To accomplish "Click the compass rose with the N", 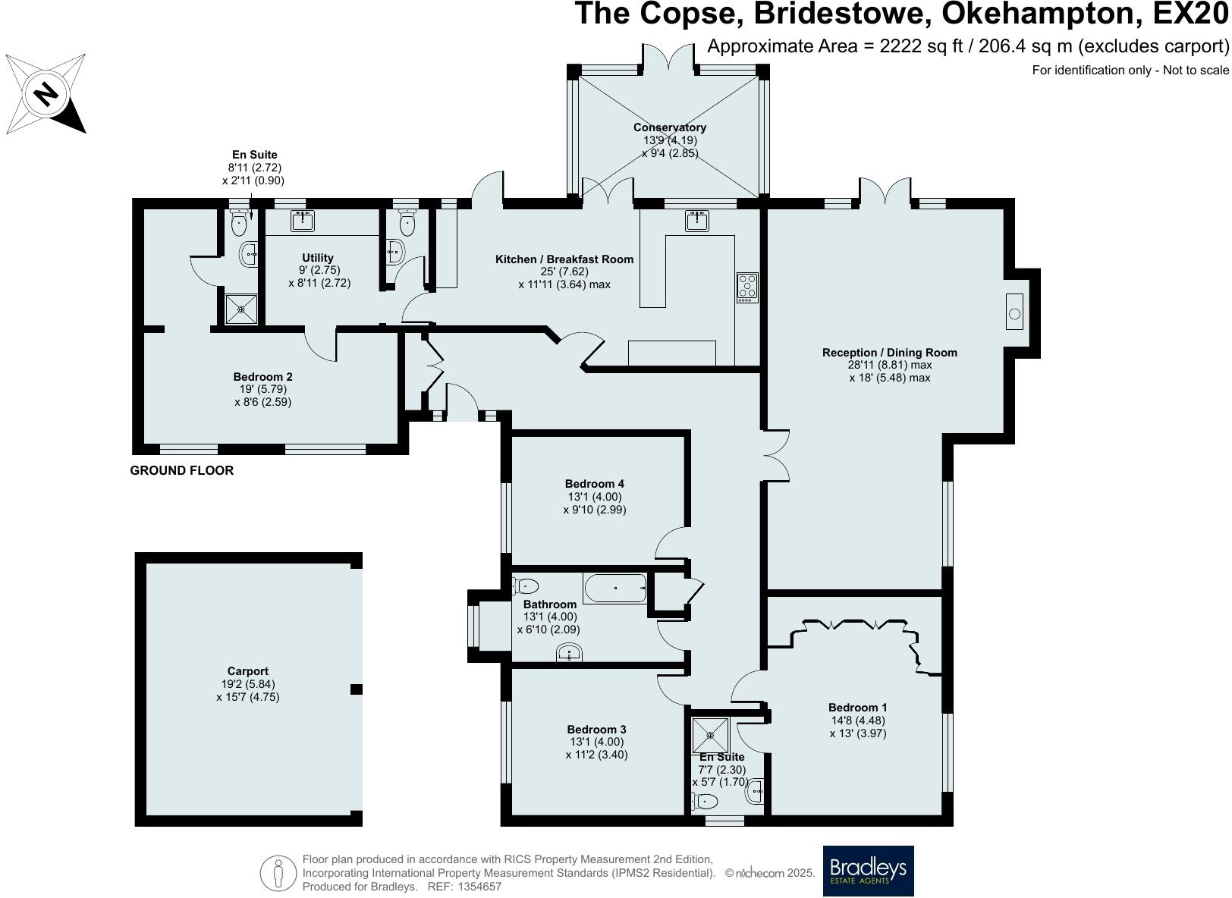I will coord(46,94).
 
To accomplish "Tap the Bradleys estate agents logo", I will coord(868,871).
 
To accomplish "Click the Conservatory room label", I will coord(669,127).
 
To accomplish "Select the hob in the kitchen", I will coord(746,287).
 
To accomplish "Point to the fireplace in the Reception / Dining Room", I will coord(1015,312).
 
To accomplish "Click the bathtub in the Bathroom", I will coord(614,588).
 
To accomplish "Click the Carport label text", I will coord(247,671).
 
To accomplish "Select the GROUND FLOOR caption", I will coord(181,470).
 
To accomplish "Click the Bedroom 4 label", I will coord(594,484).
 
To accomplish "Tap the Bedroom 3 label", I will coord(596,730).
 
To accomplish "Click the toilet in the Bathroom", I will coord(526,586).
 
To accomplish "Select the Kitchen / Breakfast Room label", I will coord(564,259).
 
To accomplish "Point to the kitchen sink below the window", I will coord(697,221).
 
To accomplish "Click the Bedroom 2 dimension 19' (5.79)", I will coord(262,390).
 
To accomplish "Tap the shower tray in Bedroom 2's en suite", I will coord(241,309).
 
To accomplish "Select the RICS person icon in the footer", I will coord(278,874).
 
